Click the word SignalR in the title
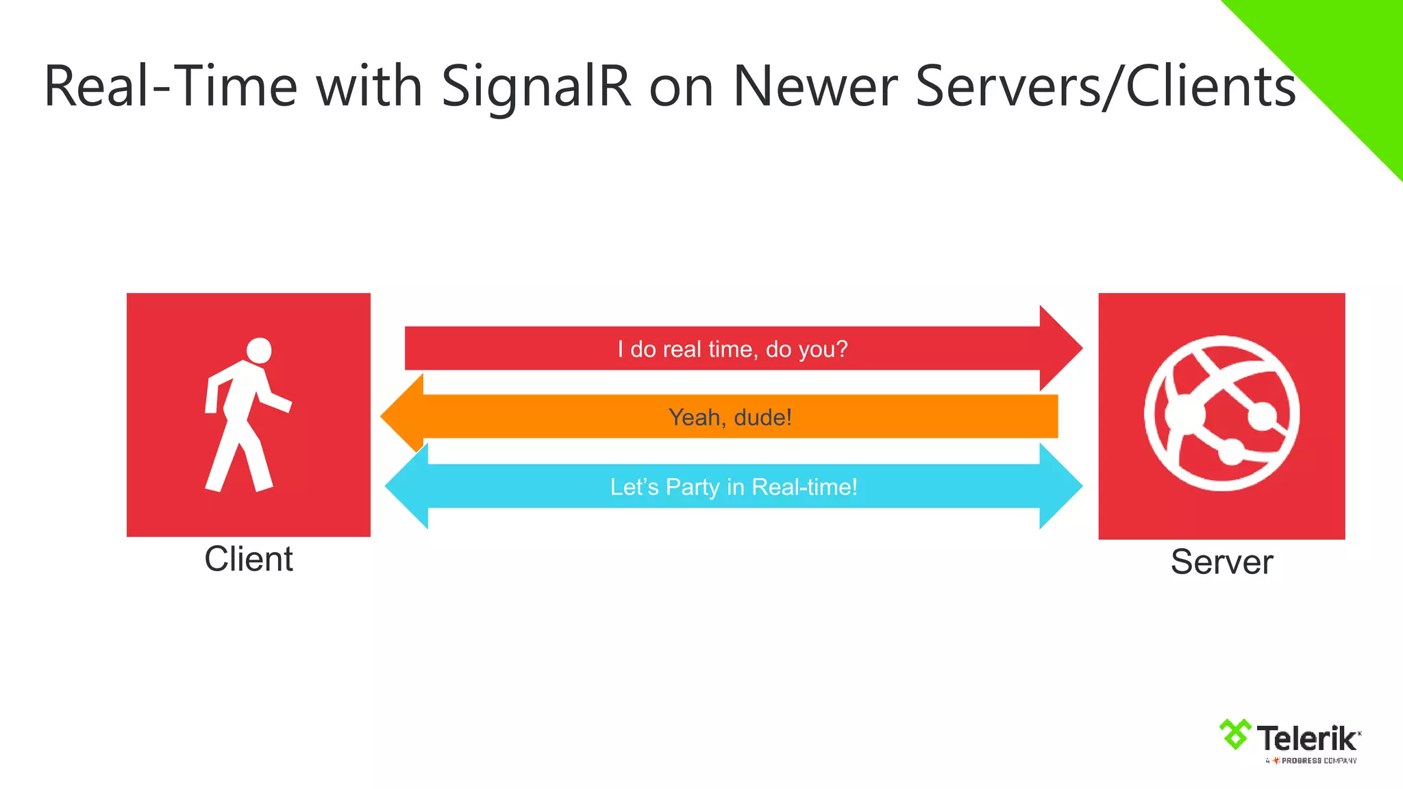point(536,88)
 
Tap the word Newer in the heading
point(815,88)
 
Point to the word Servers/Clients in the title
point(1105,88)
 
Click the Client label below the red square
point(249,559)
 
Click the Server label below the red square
point(1221,562)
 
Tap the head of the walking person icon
point(259,351)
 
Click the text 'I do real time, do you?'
point(732,349)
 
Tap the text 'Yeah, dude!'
point(730,417)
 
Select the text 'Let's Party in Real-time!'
point(734,487)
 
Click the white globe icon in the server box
point(1221,413)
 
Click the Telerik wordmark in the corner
point(1307,739)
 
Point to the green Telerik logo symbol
point(1235,734)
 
